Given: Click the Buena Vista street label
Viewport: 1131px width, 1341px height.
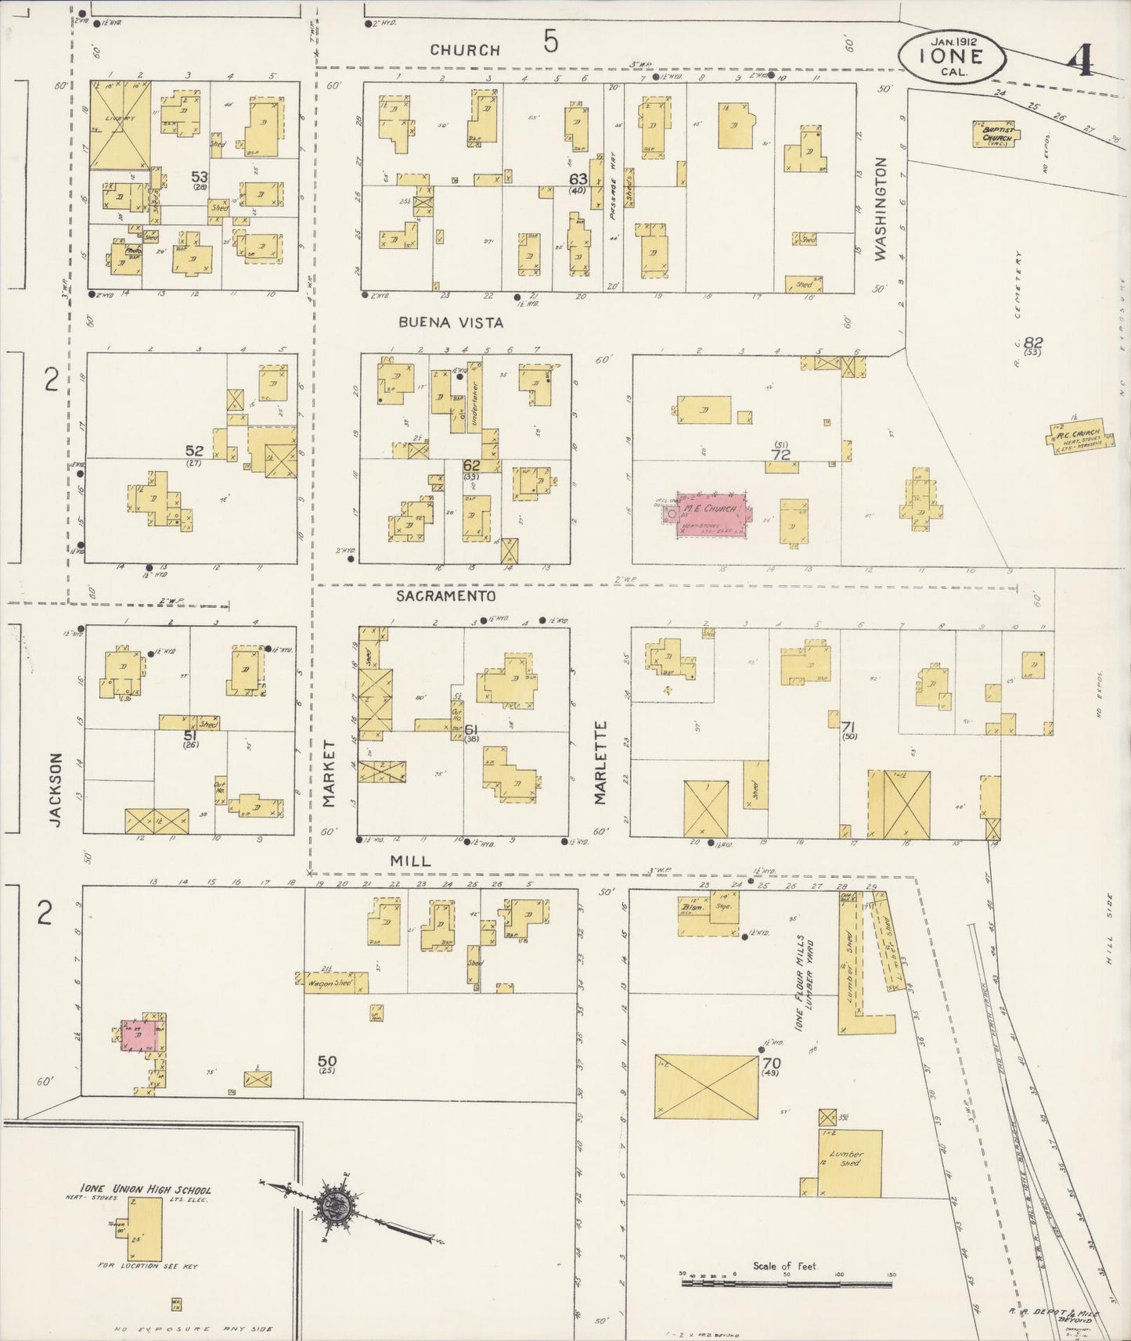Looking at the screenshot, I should coord(450,322).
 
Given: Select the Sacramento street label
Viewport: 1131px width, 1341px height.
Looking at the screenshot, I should coord(445,596).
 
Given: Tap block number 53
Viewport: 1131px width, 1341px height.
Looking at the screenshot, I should coord(199,178).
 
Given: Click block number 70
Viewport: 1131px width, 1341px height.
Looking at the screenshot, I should coord(772,1064).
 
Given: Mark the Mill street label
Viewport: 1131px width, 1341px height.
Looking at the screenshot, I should coord(410,860).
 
